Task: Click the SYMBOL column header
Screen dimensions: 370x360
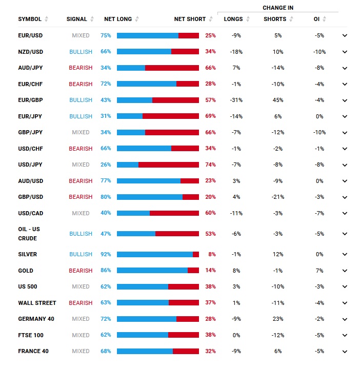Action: (x=30, y=19)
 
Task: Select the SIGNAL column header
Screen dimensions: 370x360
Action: (x=76, y=19)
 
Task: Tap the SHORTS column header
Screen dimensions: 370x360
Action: (x=275, y=19)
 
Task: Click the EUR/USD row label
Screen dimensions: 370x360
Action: (x=30, y=36)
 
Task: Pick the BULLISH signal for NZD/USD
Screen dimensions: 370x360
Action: (x=81, y=52)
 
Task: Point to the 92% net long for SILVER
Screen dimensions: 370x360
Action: (x=106, y=254)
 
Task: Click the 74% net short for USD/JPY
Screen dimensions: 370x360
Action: (x=210, y=165)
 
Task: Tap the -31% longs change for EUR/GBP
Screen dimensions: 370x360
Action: (x=236, y=100)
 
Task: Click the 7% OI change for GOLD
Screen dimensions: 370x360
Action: (x=319, y=271)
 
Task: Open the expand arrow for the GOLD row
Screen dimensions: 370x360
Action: (x=345, y=271)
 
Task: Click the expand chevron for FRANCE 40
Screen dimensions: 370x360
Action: (x=345, y=352)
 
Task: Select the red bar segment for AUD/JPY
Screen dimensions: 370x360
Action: (x=172, y=68)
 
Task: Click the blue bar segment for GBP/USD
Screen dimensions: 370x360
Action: (x=149, y=197)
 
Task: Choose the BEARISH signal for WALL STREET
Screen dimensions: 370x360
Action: (x=81, y=303)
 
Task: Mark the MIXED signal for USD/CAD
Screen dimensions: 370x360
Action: (x=81, y=213)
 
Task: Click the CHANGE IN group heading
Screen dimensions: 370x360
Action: (x=278, y=8)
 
